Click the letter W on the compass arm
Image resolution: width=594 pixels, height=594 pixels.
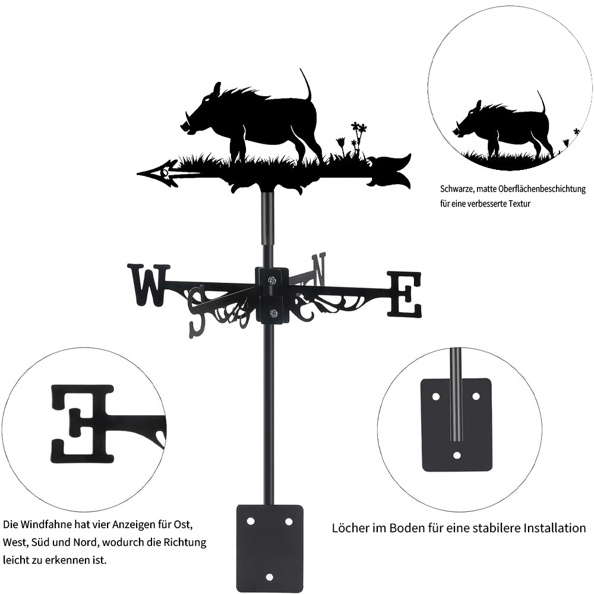pyautogui.click(x=148, y=285)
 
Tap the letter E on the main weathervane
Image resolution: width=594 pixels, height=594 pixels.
pyautogui.click(x=405, y=294)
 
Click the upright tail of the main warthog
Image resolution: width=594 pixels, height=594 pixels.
pyautogui.click(x=306, y=85)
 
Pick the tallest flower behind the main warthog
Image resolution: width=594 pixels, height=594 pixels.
pyautogui.click(x=358, y=128)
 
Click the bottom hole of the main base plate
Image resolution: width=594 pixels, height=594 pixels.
pyautogui.click(x=270, y=577)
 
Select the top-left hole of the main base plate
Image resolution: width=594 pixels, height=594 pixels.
pyautogui.click(x=250, y=522)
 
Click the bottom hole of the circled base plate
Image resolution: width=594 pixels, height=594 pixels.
pyautogui.click(x=456, y=456)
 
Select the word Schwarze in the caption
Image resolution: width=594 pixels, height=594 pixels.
pyautogui.click(x=458, y=189)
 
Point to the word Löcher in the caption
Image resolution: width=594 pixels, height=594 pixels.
pyautogui.click(x=348, y=528)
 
